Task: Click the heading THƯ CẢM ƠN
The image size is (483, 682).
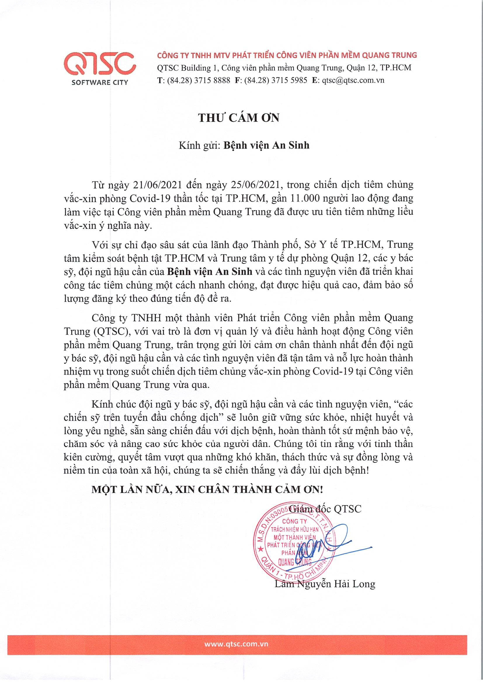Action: [239, 118]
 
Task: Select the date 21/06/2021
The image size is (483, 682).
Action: [157, 185]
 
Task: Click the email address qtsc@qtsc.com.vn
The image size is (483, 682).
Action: [353, 80]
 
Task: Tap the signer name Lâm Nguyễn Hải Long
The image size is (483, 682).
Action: [325, 584]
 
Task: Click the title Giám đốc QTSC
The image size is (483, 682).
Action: [325, 509]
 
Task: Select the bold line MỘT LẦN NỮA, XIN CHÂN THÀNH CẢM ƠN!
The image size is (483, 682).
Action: [207, 489]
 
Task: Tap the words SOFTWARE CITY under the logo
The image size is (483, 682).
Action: [100, 83]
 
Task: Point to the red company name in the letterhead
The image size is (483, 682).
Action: [287, 55]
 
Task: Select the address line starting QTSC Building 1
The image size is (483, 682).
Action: [284, 68]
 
